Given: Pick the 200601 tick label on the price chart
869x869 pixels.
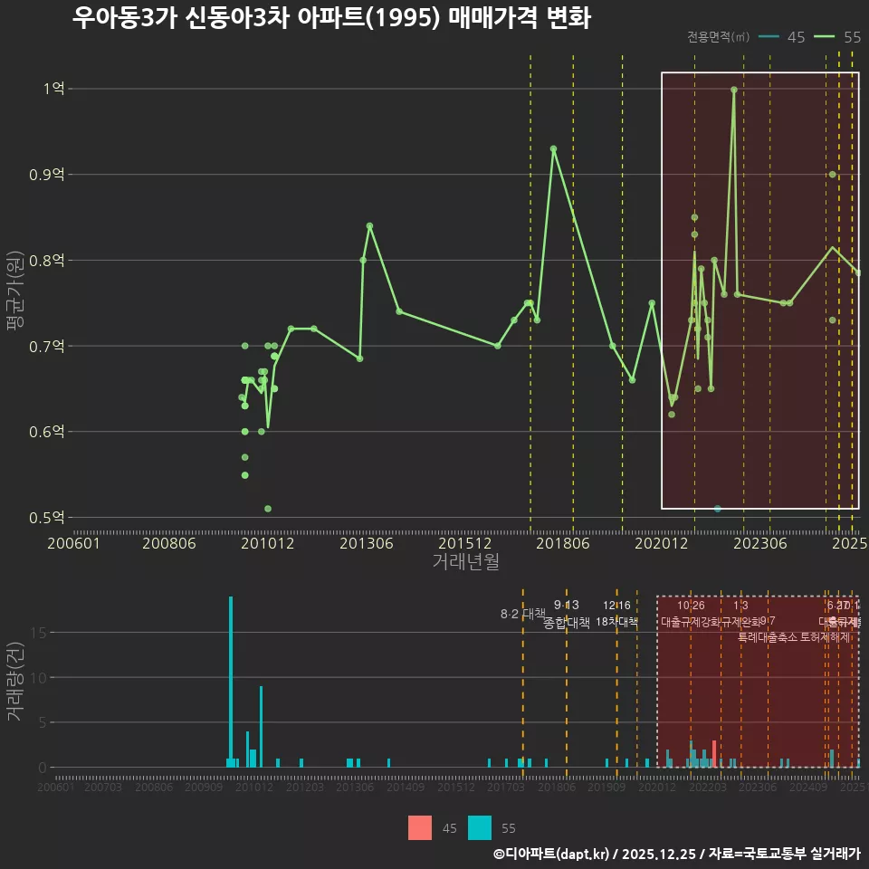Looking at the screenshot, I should point(73,544).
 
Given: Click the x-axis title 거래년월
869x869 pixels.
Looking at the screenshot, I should point(465,562).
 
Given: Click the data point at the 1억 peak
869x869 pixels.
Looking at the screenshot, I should point(734,90).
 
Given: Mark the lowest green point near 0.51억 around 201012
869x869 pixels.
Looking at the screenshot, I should point(268,509).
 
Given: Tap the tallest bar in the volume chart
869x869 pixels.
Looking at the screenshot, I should point(231,682).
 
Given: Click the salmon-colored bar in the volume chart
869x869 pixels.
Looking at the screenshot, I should point(714,754).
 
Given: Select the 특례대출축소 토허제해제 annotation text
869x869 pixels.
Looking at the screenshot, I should point(794,636).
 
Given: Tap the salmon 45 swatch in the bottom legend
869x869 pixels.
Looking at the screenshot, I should point(420,827).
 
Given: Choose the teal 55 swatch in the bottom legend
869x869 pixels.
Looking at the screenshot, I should point(480,827).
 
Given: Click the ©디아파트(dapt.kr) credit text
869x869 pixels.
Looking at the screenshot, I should point(553,854).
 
